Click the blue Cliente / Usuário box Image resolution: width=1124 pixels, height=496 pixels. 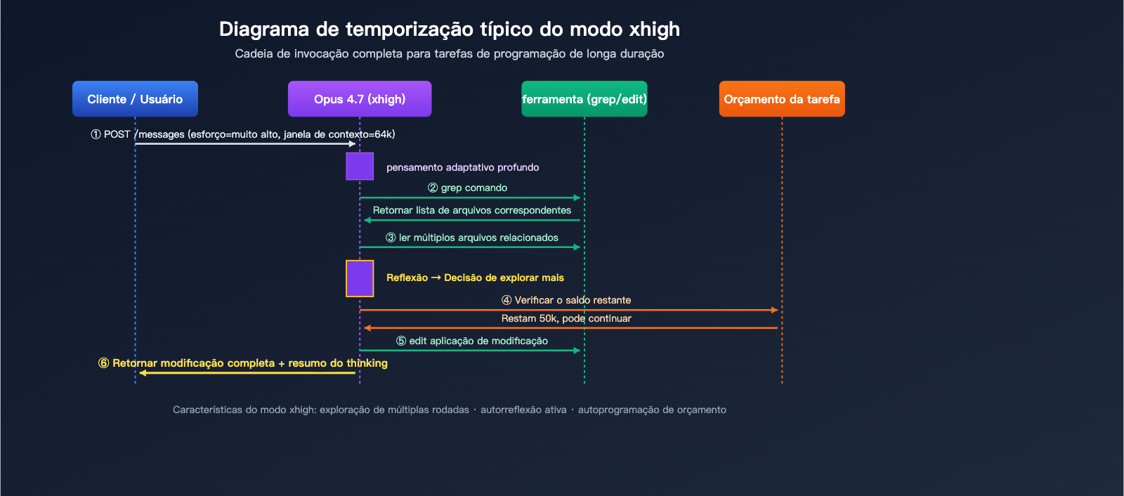click(135, 99)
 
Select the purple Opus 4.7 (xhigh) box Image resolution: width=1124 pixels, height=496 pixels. click(360, 99)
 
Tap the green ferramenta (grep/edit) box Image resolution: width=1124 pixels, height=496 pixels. click(584, 99)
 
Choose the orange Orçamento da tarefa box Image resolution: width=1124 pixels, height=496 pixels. click(782, 99)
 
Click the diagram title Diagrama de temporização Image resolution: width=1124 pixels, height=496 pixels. click(449, 30)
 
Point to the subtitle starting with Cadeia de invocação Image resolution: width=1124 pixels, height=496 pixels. click(449, 54)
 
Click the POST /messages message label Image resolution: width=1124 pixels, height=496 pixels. click(243, 134)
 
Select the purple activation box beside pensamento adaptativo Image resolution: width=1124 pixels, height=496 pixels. click(360, 167)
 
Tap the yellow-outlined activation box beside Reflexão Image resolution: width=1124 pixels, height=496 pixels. click(360, 278)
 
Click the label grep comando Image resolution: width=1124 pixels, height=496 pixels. click(468, 188)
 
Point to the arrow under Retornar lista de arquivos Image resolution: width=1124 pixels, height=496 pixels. click(472, 221)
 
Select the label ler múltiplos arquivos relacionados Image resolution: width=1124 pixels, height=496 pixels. click(472, 237)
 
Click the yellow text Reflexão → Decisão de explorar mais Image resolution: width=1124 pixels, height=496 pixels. click(475, 278)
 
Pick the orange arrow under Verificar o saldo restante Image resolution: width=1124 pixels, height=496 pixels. click(569, 310)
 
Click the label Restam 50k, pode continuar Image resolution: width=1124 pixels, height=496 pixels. click(566, 318)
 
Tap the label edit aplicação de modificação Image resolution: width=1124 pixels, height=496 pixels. click(472, 341)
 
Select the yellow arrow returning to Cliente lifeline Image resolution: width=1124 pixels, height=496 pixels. click(247, 373)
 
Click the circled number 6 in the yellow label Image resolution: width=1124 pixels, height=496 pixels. click(104, 363)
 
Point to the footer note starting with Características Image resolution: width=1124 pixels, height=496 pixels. click(449, 410)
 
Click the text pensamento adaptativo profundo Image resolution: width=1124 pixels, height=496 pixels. click(462, 167)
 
